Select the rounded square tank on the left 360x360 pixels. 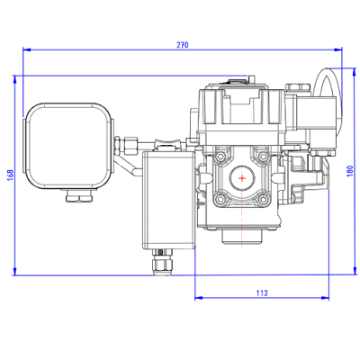[x=69, y=146]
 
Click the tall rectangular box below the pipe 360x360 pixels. [x=168, y=199]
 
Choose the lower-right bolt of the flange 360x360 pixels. [x=266, y=201]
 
